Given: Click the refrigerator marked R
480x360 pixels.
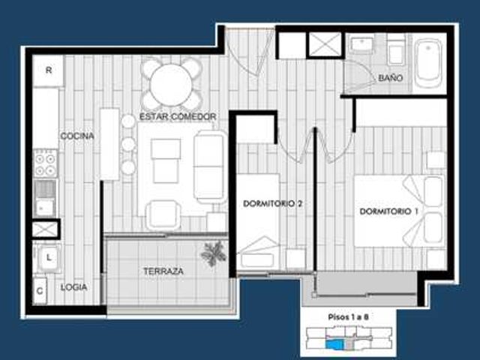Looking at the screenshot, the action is [48, 70].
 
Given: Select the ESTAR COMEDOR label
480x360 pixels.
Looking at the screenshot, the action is [178, 117].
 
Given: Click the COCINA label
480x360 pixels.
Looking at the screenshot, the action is [77, 136].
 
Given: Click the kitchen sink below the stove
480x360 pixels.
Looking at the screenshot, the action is [45, 198].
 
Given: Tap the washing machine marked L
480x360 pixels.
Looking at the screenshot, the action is [48, 257].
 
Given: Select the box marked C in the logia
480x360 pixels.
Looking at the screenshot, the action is [40, 290].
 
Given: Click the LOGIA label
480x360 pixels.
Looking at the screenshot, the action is [73, 287].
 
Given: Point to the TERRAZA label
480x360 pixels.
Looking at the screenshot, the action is [163, 271].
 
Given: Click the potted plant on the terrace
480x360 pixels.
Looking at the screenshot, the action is [214, 253].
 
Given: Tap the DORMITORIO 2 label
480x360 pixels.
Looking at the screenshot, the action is [272, 203].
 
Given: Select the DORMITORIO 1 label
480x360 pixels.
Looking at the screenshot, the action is [388, 211].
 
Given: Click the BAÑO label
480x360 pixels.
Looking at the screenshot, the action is [390, 78].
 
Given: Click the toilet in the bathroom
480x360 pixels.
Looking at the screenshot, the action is [396, 50].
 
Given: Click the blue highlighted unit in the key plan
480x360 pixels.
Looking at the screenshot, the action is [335, 344].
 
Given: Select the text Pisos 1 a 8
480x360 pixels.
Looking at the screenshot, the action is [348, 316].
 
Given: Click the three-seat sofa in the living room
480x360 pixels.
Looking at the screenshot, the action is [209, 166].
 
